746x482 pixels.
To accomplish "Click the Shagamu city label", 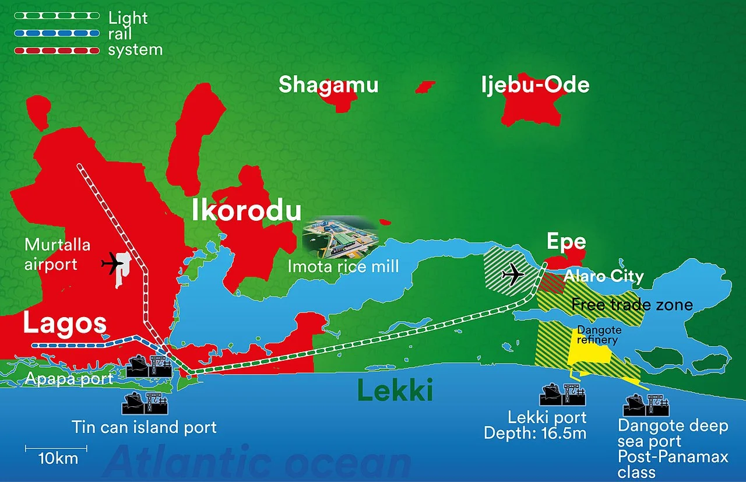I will coord(328,85).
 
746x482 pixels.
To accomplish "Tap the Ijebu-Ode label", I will coord(535,85).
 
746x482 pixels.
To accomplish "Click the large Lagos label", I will coord(64,324).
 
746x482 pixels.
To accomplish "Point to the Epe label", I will coord(566,242).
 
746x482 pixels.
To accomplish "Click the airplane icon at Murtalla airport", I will coord(113,264).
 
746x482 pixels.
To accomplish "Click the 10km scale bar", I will coord(56,448).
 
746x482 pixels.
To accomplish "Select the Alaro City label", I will coord(603,276).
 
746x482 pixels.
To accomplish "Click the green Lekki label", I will coord(395,390).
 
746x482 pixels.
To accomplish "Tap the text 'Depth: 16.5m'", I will coord(535,433).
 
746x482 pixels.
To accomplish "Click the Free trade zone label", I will coord(632,304).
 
